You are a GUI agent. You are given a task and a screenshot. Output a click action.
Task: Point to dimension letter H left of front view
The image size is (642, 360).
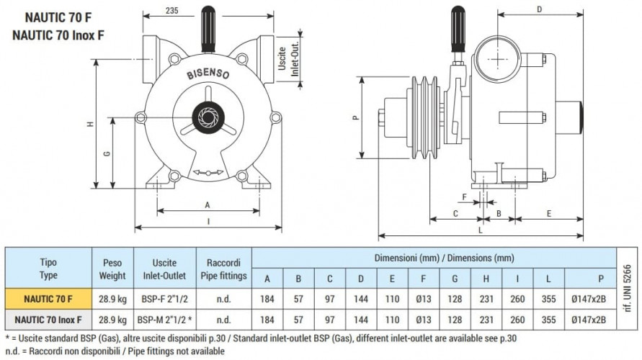pos(91,123)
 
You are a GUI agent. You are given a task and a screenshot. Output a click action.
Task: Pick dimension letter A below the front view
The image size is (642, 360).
pos(208,204)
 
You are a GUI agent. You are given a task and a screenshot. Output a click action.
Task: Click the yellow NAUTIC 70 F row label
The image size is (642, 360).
pos(48,297)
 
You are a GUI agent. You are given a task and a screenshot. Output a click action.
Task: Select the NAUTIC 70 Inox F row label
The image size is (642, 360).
pos(48,318)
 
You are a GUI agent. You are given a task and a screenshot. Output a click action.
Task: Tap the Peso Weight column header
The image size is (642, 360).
pos(112,269)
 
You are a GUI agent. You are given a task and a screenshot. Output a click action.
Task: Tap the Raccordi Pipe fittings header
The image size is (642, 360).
pos(223,269)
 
